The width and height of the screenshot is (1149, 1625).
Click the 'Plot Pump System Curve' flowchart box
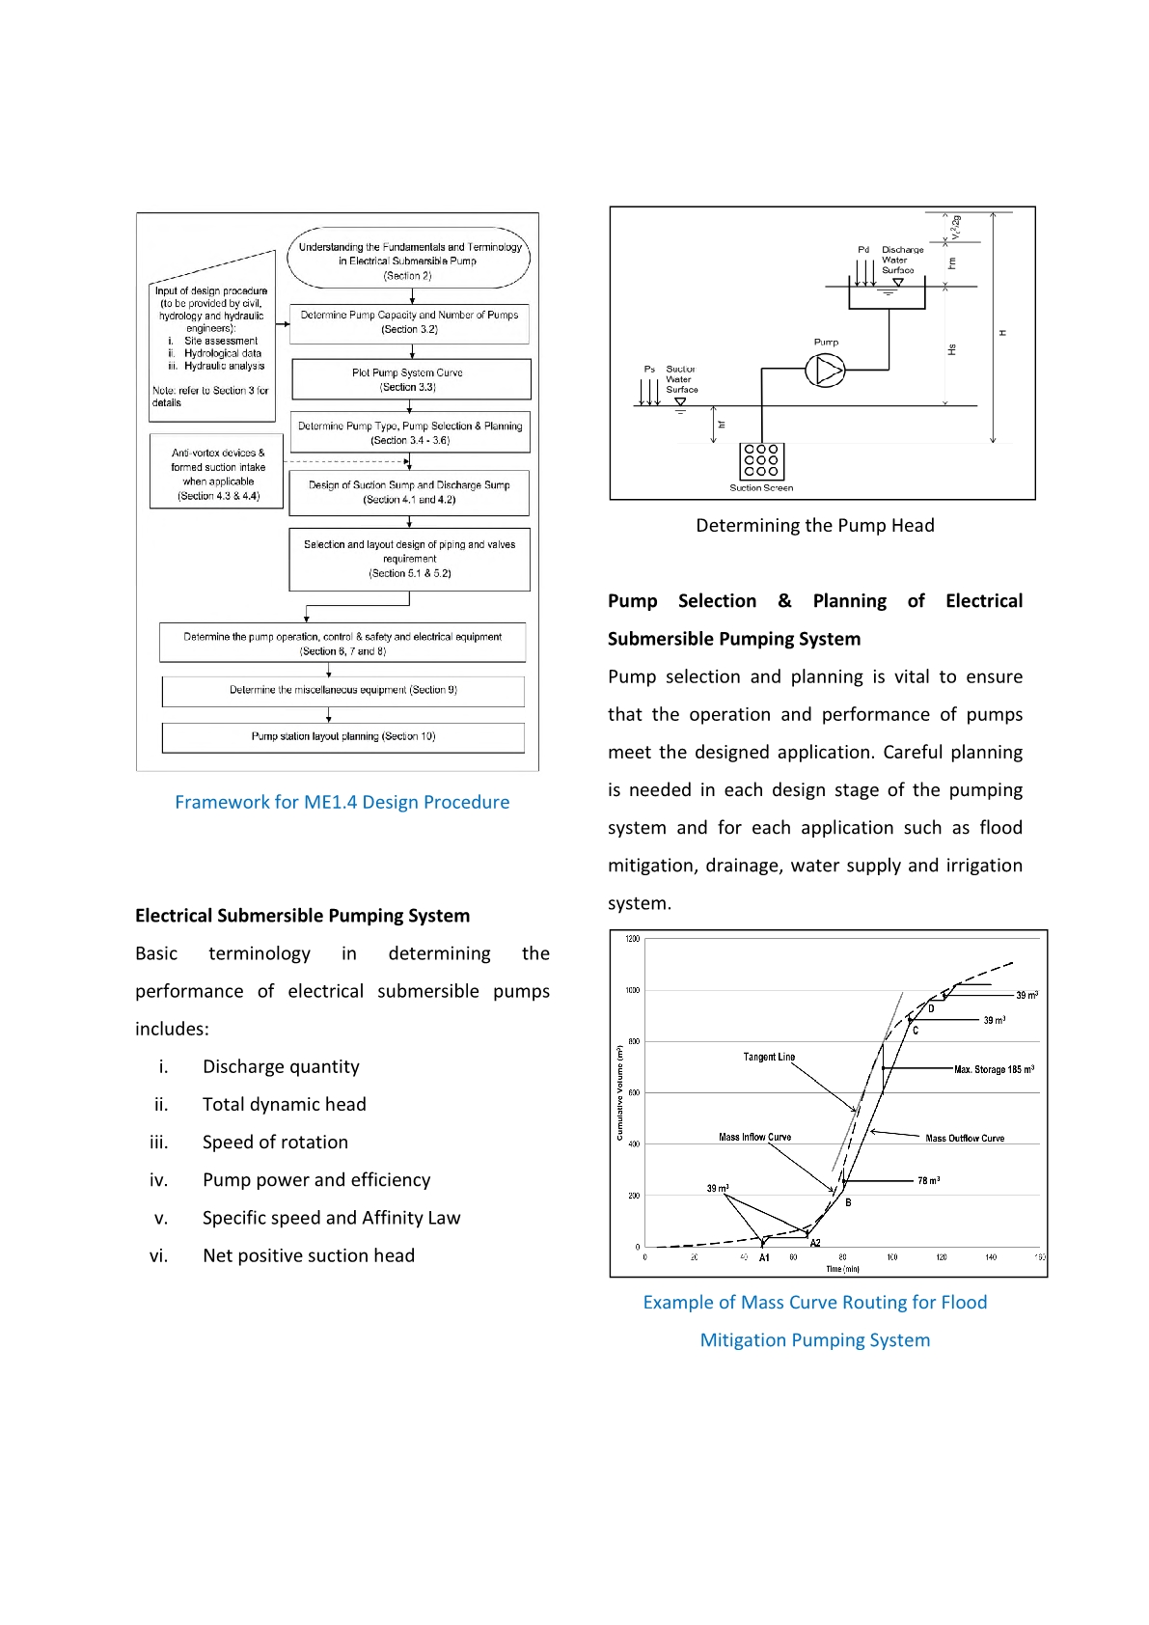[x=411, y=379]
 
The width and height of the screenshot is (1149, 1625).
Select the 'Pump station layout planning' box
[x=343, y=737]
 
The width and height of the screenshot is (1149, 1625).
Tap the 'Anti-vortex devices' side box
[x=218, y=474]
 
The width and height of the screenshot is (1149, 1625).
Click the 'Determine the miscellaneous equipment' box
[x=343, y=691]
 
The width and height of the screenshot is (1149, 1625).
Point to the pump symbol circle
[x=825, y=371]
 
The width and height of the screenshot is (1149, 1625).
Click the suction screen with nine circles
[x=761, y=461]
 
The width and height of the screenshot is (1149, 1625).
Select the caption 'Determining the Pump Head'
[x=815, y=526]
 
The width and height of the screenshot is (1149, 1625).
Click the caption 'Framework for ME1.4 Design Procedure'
[x=342, y=803]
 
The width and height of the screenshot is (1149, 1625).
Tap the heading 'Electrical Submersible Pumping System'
[x=302, y=916]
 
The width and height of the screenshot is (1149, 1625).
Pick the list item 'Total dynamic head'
[x=284, y=1105]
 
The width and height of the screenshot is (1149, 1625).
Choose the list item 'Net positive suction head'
[x=309, y=1256]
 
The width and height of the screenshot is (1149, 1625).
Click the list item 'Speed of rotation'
[x=275, y=1143]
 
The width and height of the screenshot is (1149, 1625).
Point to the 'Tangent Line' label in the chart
[x=769, y=1058]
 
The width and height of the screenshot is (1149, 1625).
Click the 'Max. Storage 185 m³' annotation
[x=994, y=1070]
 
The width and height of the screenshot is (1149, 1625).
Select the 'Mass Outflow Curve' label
[x=965, y=1139]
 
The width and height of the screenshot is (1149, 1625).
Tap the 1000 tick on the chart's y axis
[x=633, y=991]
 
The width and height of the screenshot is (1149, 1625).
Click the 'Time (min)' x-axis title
[x=842, y=1269]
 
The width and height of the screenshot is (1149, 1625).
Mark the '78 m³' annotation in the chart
[x=928, y=1181]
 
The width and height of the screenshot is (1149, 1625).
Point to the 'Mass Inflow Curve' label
[x=754, y=1138]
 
